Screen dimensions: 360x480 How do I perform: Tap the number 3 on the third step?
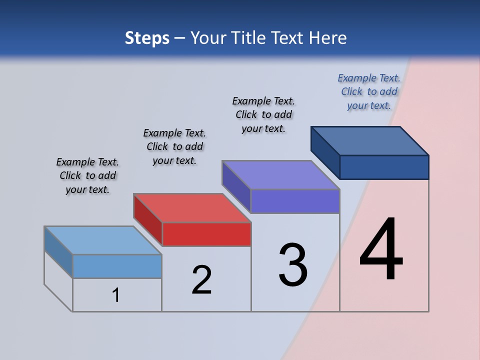click(293, 264)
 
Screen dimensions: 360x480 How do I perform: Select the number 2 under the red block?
click(201, 279)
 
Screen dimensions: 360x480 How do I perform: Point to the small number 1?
click(116, 295)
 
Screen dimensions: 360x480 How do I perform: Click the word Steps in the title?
click(147, 38)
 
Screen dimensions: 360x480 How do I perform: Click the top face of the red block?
click(192, 208)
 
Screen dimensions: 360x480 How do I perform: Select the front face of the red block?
click(206, 234)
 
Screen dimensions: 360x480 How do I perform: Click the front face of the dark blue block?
click(384, 167)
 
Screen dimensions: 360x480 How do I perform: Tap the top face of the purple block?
click(281, 175)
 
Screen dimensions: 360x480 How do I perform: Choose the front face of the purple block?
click(295, 201)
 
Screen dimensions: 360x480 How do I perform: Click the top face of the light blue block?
click(103, 240)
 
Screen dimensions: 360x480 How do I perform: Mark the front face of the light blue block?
click(117, 266)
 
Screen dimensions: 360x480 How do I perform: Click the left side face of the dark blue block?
click(325, 151)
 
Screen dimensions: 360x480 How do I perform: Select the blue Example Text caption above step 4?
click(369, 91)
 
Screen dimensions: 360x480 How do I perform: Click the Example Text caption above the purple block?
click(263, 114)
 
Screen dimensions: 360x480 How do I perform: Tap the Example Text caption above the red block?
click(174, 146)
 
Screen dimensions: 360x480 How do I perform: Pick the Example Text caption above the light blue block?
click(87, 175)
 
